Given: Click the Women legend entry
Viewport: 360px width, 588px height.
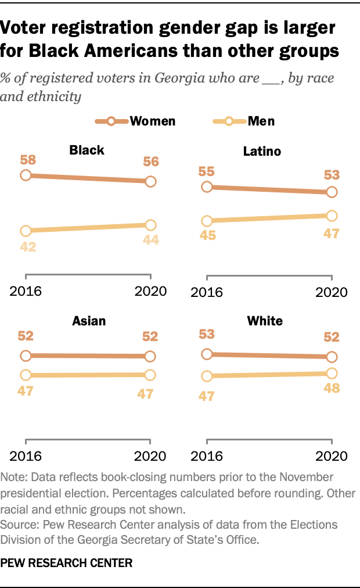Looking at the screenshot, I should (135, 121).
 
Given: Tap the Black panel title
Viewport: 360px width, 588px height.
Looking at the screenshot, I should (87, 150).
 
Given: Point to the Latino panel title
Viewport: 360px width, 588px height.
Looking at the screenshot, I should (262, 152).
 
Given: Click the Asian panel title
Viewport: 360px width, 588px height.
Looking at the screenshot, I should (89, 321).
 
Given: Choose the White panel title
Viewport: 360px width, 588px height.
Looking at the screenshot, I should (264, 321).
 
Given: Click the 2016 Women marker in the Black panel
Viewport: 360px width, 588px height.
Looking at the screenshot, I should (26, 175).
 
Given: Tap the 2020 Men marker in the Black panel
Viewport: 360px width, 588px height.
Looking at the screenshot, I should (150, 225).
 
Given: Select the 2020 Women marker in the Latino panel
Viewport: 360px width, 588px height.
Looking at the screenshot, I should (332, 192).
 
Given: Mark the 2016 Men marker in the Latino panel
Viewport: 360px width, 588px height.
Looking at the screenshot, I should (206, 221).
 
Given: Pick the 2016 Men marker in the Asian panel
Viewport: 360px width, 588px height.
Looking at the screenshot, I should (26, 375).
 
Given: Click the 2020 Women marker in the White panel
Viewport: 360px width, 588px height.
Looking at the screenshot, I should (332, 357).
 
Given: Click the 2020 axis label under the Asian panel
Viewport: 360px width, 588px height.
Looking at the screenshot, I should (150, 454).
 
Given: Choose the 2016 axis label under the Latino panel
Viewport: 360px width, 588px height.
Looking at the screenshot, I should (206, 292).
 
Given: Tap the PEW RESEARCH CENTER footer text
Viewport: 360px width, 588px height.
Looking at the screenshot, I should (67, 562).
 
